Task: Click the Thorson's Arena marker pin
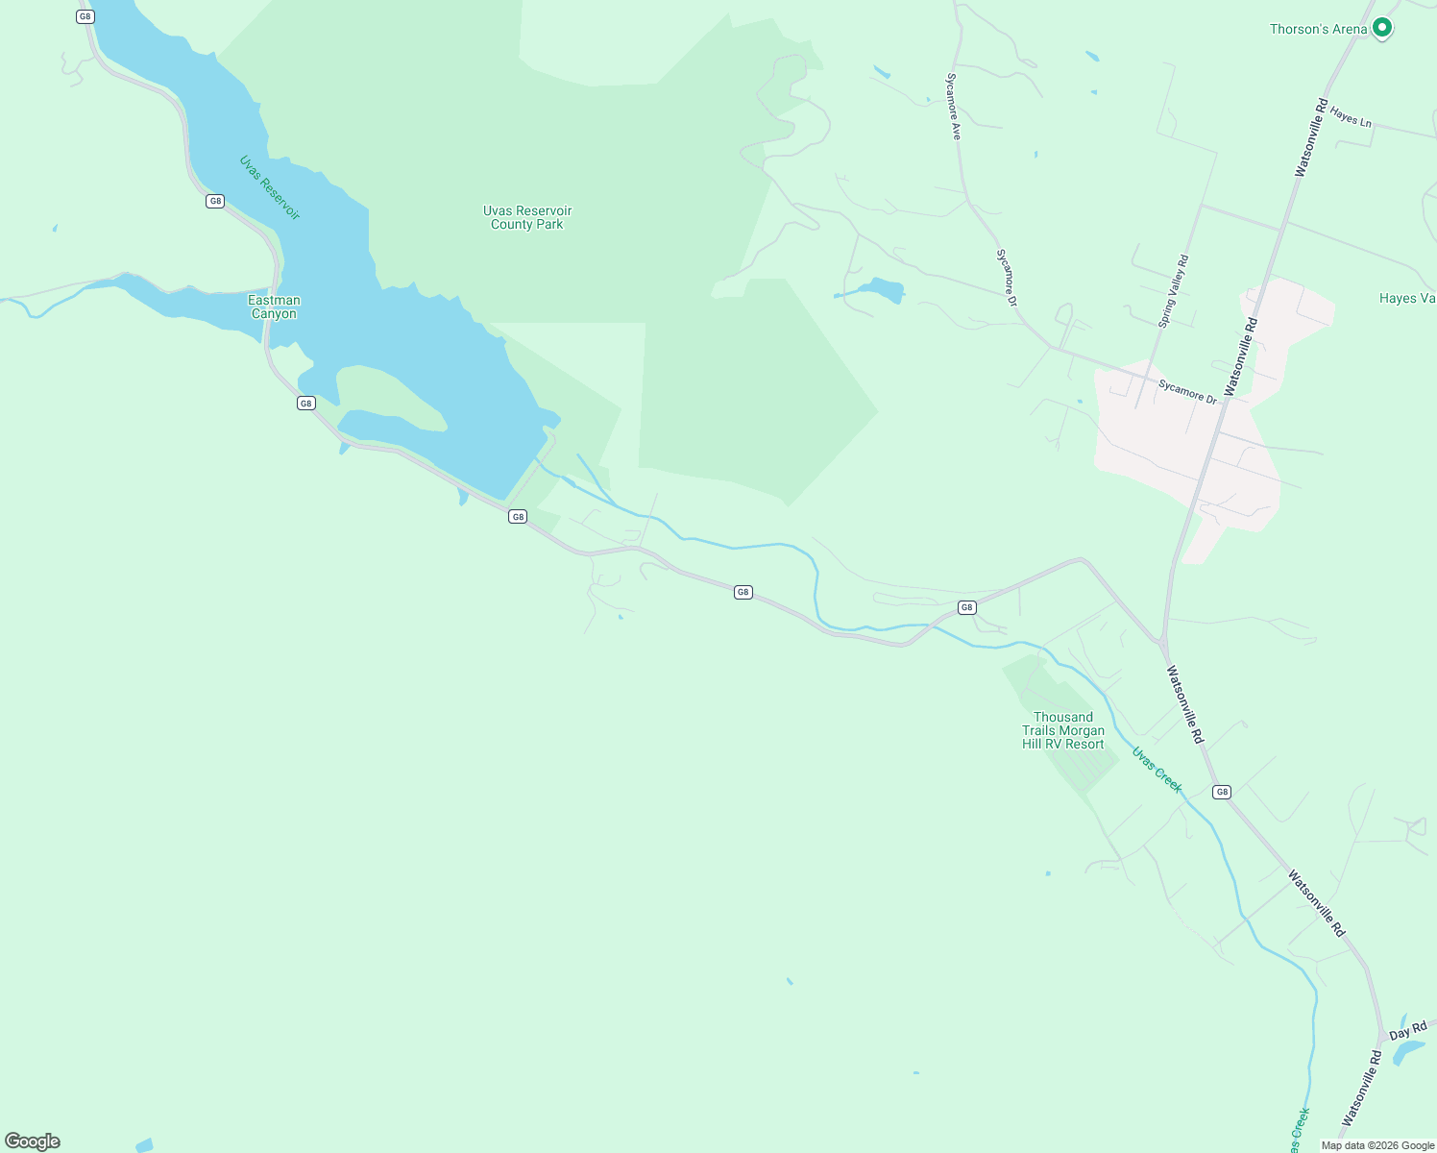click(x=1382, y=28)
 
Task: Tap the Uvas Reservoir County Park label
click(x=526, y=217)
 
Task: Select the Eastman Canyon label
click(x=274, y=307)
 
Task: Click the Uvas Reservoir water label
click(x=270, y=187)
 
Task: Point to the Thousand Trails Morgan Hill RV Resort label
click(x=1062, y=730)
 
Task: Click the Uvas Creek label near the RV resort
click(x=1157, y=770)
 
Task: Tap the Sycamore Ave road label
click(x=954, y=107)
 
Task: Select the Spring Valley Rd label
click(x=1174, y=291)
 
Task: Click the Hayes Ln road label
click(x=1351, y=118)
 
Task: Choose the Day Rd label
click(x=1407, y=1032)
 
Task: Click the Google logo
click(x=33, y=1141)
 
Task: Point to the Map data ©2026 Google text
click(x=1377, y=1145)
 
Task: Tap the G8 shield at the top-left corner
click(x=85, y=16)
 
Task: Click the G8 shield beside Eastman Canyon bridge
click(x=305, y=403)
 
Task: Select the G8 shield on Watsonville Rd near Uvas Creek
click(x=1221, y=792)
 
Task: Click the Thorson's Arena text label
click(x=1318, y=29)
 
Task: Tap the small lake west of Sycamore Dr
click(x=882, y=289)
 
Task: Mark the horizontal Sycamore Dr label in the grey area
click(x=1187, y=391)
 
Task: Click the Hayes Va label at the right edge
click(x=1406, y=298)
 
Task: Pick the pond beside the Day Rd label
click(x=1408, y=1053)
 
